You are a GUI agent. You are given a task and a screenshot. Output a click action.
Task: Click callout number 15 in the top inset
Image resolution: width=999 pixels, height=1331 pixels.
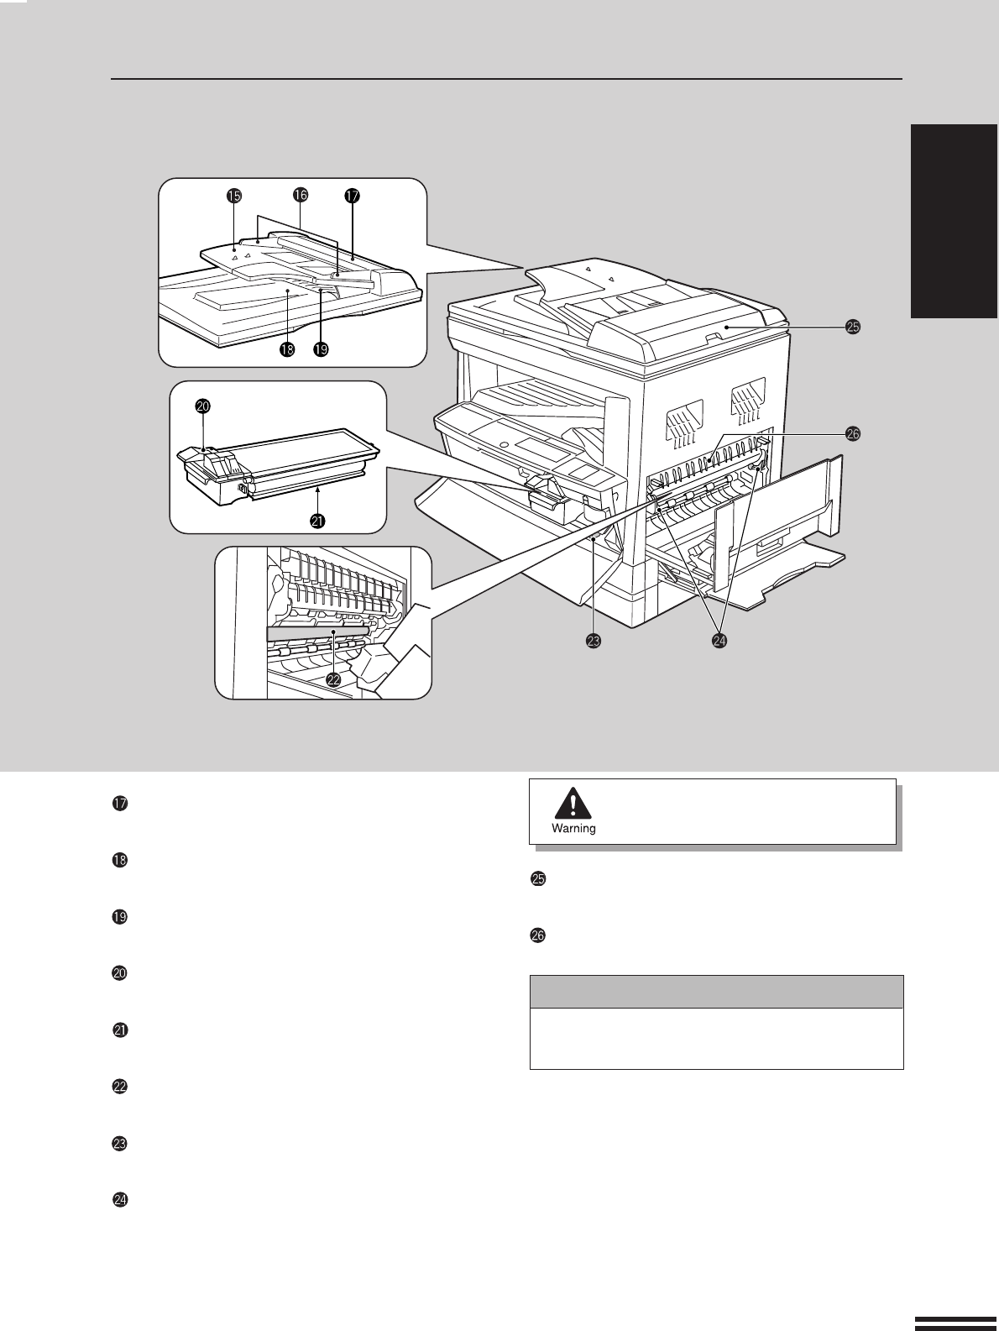coord(234,196)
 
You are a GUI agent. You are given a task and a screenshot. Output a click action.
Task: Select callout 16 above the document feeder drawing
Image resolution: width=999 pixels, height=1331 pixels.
coord(301,195)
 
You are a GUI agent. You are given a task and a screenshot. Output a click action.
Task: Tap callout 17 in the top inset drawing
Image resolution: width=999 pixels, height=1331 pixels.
coord(353,196)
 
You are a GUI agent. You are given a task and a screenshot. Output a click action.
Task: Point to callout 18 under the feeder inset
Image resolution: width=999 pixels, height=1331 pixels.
coord(287,349)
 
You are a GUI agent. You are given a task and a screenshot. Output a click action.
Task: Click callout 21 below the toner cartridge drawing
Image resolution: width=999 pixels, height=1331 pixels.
coord(317,521)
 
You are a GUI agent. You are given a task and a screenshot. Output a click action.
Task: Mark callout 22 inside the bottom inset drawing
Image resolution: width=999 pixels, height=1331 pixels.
coord(334,679)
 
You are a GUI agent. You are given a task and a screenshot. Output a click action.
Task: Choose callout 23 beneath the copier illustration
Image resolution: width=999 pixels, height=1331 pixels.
coord(594,641)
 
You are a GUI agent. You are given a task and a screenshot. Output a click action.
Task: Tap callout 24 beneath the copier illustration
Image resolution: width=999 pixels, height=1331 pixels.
coord(719,641)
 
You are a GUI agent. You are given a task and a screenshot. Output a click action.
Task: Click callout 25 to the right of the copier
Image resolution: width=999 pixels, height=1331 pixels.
coord(853,327)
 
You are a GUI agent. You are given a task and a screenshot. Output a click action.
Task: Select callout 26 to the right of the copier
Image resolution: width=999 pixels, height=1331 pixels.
coord(853,433)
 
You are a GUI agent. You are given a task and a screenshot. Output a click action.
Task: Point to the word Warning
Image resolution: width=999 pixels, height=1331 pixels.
coord(573,828)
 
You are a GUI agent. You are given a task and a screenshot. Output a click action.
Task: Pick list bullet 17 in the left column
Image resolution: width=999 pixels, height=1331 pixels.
coord(120,804)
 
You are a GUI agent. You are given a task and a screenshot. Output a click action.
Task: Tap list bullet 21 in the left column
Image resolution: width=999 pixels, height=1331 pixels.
coord(120,1030)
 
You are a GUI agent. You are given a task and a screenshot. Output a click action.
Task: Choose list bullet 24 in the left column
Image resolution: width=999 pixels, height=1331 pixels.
coord(120,1200)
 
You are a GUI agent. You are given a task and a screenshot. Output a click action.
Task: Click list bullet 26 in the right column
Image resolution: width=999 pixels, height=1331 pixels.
coord(537,935)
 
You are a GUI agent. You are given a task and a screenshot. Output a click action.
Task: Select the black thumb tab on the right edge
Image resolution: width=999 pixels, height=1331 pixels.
coord(955,221)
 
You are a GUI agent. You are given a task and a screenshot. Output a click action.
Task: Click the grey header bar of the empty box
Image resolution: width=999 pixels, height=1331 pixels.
coord(717,992)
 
